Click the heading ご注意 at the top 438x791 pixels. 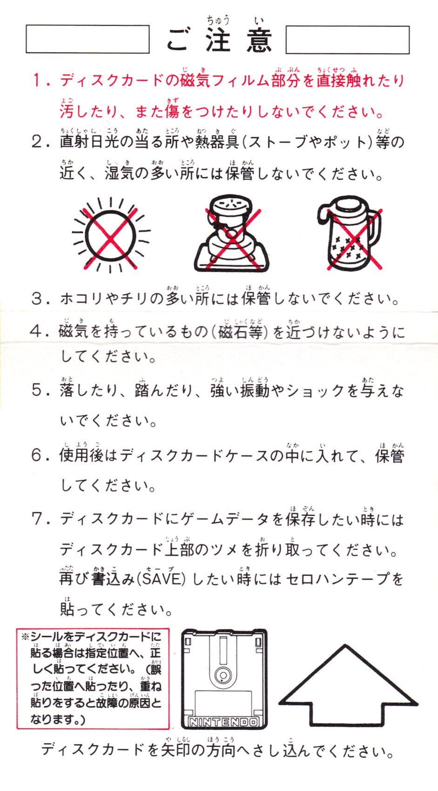pyautogui.click(x=219, y=40)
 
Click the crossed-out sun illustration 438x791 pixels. pyautogui.click(x=111, y=235)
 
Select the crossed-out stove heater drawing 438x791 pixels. pyautogui.click(x=232, y=233)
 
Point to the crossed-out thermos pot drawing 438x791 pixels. pyautogui.click(x=350, y=233)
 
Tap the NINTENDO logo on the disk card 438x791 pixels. pyautogui.click(x=223, y=722)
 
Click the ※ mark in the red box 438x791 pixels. pyautogui.click(x=25, y=637)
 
